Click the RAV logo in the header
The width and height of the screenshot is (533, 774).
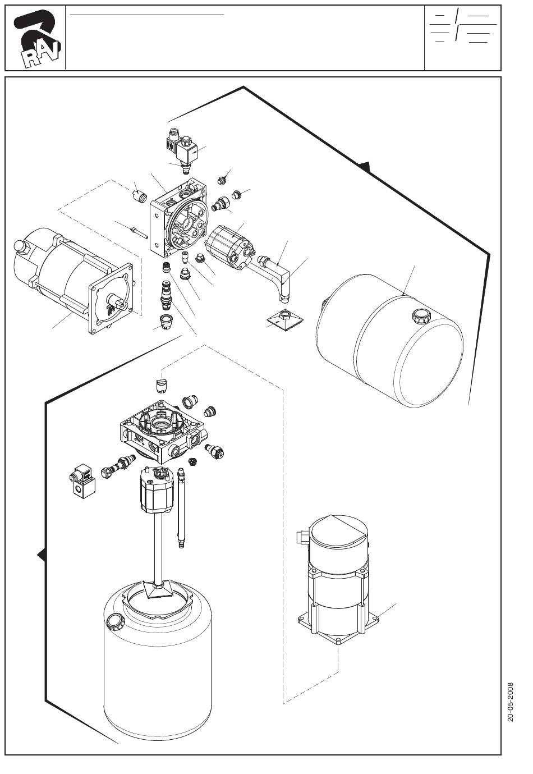coord(36,38)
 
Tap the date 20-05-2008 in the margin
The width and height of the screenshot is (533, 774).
coord(511,702)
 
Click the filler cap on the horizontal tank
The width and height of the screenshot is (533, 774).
coord(420,315)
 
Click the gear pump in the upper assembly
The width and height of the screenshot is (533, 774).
coord(229,246)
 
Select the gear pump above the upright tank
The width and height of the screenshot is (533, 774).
coord(157,488)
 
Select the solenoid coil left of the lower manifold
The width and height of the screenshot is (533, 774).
coord(82,480)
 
